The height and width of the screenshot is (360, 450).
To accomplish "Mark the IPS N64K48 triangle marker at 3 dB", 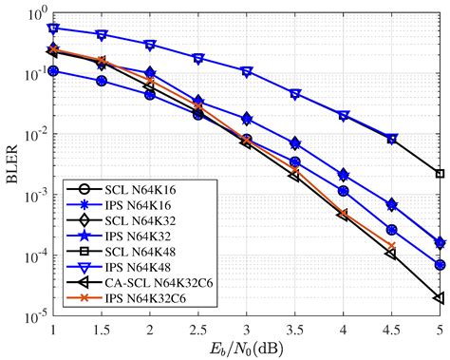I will point(247,72).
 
